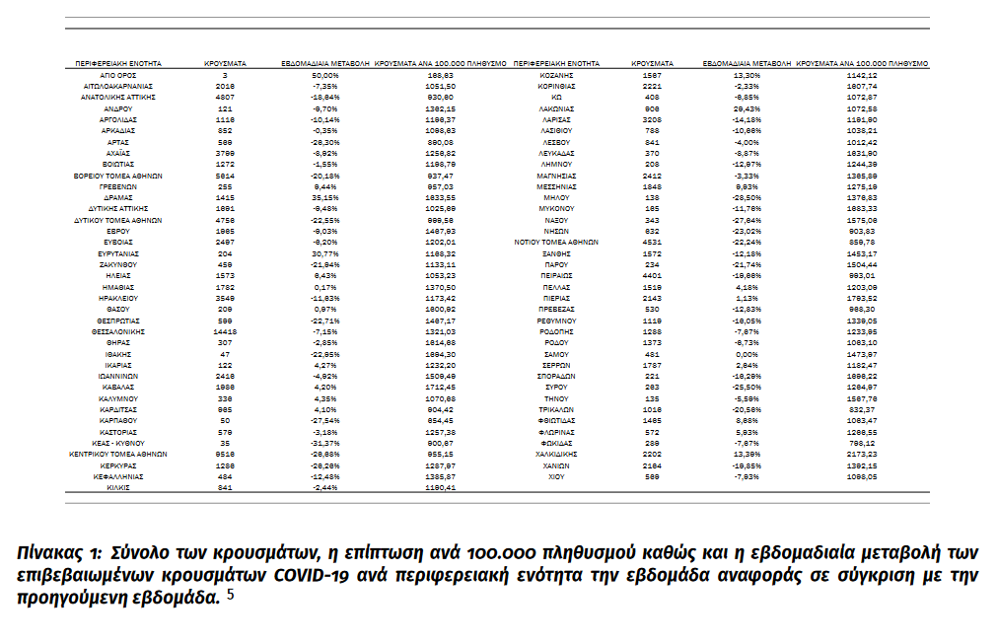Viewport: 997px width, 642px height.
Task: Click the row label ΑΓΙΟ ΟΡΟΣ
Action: coord(118,75)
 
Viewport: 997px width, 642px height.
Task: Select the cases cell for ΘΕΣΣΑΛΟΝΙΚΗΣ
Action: coord(225,332)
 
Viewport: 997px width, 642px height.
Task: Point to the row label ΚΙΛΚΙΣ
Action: coord(118,487)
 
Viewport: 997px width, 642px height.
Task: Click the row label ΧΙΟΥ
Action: coord(556,476)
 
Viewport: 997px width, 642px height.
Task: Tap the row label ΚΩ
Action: coord(556,97)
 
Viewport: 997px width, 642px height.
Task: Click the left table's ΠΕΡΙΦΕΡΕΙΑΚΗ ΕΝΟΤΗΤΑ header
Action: coord(118,63)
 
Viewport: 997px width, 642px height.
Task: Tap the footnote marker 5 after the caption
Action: coord(229,595)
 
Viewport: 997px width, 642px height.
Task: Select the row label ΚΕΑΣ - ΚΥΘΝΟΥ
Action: coord(118,443)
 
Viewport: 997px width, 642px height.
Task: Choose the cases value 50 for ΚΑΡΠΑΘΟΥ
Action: coord(225,420)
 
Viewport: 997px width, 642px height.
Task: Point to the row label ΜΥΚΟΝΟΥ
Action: coord(556,208)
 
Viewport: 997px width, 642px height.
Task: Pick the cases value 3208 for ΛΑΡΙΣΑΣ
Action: coord(652,118)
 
